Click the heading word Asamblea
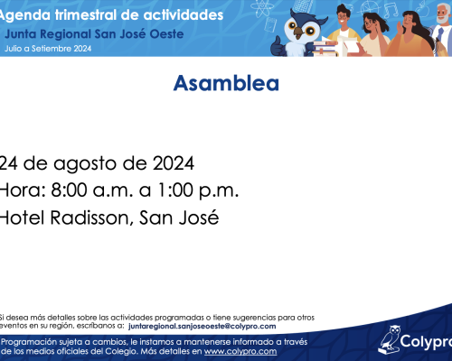[226, 83]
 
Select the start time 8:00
[69, 190]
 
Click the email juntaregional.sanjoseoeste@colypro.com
[202, 326]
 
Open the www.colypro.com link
[240, 351]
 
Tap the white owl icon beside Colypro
[390, 340]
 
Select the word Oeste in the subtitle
[166, 34]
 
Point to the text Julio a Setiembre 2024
[48, 49]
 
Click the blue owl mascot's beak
[299, 32]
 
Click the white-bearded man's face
[443, 14]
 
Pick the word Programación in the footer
[29, 342]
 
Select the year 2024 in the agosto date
[174, 163]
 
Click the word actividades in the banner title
[184, 15]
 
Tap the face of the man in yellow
[343, 16]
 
